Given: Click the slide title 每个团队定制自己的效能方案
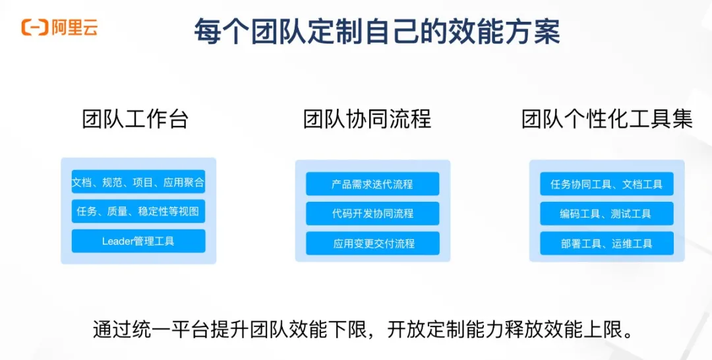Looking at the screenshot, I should (376, 31).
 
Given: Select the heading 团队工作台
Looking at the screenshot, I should (135, 119).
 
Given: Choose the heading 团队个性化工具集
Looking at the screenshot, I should (607, 119).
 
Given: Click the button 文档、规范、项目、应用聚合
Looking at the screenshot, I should (138, 183).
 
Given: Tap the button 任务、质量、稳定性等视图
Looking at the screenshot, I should (138, 212).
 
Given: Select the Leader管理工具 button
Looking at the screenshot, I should (138, 241).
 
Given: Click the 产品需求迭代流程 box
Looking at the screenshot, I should (372, 184).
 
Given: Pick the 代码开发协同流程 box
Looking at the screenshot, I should (372, 214).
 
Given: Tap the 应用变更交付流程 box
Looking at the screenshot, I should (372, 243).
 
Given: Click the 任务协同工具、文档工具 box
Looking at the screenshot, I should (607, 184).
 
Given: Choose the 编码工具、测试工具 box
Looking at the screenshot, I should (607, 214).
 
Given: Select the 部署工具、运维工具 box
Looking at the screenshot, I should (607, 243).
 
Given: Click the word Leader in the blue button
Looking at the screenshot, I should (117, 241).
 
